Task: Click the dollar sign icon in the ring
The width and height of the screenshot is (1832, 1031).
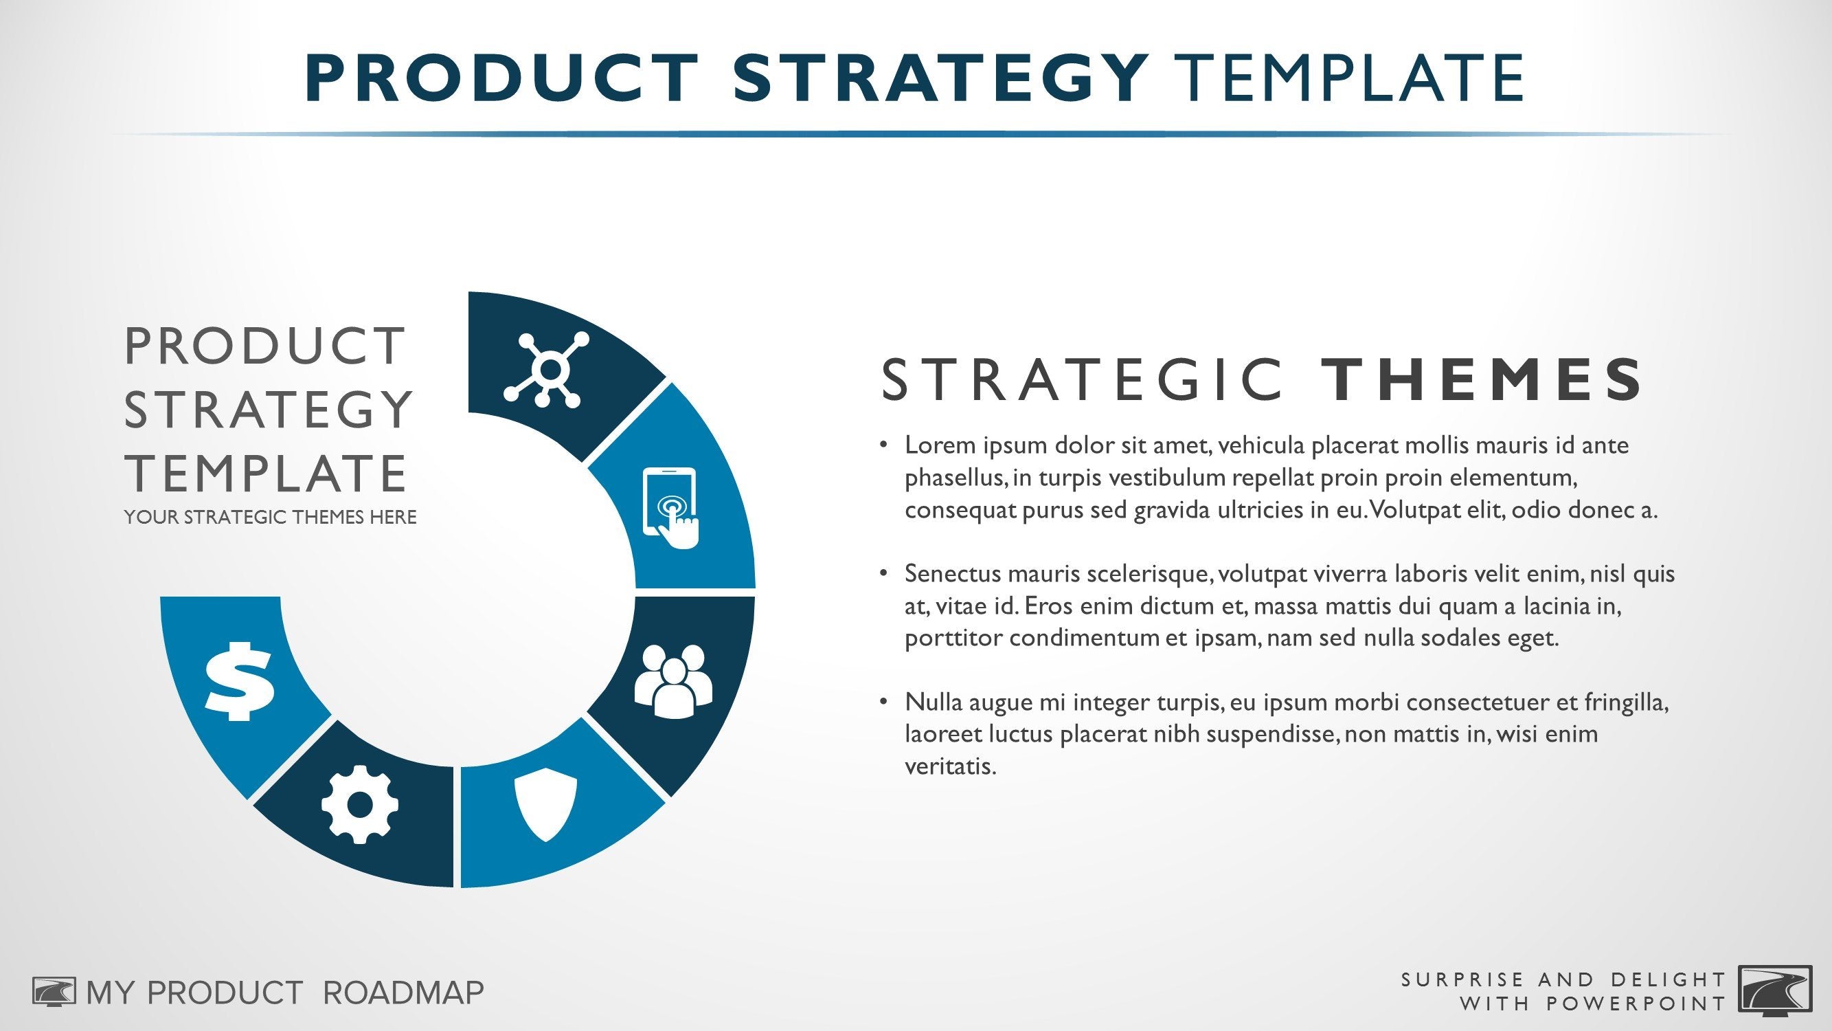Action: [x=239, y=680]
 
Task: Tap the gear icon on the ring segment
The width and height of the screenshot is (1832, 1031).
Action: [x=360, y=804]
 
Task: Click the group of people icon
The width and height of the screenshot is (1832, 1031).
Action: [x=672, y=680]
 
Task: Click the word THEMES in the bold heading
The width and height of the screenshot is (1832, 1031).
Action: [x=1481, y=379]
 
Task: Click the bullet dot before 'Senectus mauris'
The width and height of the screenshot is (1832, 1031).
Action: [x=884, y=573]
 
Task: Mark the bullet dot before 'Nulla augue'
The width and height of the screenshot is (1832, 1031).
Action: [x=884, y=702]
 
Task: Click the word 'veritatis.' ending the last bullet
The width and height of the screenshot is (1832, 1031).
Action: [x=950, y=766]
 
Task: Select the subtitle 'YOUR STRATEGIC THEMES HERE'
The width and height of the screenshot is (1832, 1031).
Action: [x=270, y=518]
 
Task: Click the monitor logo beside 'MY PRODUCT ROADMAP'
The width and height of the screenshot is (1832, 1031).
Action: [x=54, y=992]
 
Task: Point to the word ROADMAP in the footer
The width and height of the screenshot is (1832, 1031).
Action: [x=403, y=993]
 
